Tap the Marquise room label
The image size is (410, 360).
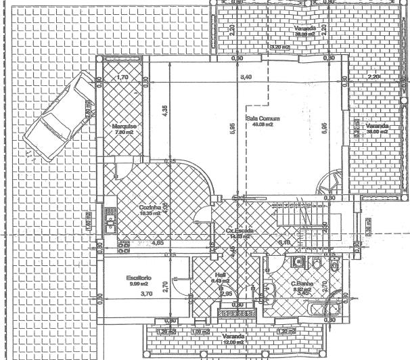click(124, 126)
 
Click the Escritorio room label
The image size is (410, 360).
click(139, 278)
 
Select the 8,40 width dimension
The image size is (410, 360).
click(246, 78)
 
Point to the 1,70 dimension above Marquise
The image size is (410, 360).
click(122, 78)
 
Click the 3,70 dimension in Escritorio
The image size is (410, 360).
click(145, 294)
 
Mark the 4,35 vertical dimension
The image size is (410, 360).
click(164, 112)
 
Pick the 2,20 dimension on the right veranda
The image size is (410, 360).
click(373, 78)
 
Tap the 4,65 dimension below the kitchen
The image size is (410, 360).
click(157, 242)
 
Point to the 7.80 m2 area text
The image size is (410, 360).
click(124, 133)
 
